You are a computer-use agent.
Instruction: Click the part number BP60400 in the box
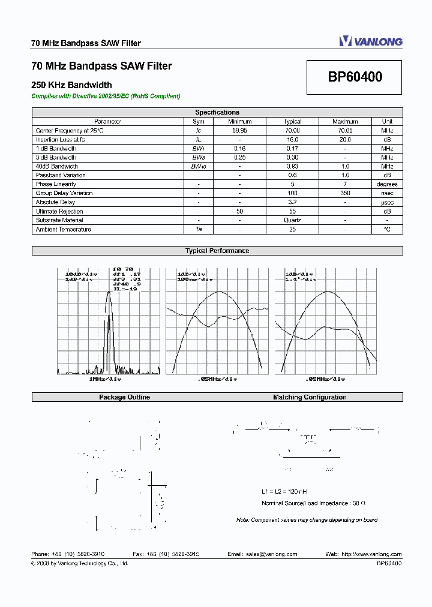point(355,77)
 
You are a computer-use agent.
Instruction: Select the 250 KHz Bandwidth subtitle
point(71,85)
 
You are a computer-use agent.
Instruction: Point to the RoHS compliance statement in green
point(106,96)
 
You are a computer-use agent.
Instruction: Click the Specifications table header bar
point(217,112)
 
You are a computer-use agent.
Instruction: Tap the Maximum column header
point(345,121)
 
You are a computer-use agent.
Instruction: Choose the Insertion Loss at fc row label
point(61,139)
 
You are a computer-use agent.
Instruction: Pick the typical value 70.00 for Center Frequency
point(293,130)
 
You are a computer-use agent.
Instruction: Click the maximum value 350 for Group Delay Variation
point(345,193)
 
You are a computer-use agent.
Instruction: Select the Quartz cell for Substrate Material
point(293,220)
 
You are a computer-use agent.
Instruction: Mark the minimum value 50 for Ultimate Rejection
point(239,211)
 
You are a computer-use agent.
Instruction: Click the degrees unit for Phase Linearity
point(387,184)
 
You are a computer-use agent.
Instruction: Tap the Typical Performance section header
point(217,251)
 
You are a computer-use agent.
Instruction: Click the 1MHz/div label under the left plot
point(106,379)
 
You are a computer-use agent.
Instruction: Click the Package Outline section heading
point(124,397)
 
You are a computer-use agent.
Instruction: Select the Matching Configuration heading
point(310,397)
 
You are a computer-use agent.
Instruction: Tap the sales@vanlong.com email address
point(271,554)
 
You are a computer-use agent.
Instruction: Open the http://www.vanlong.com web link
point(371,554)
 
